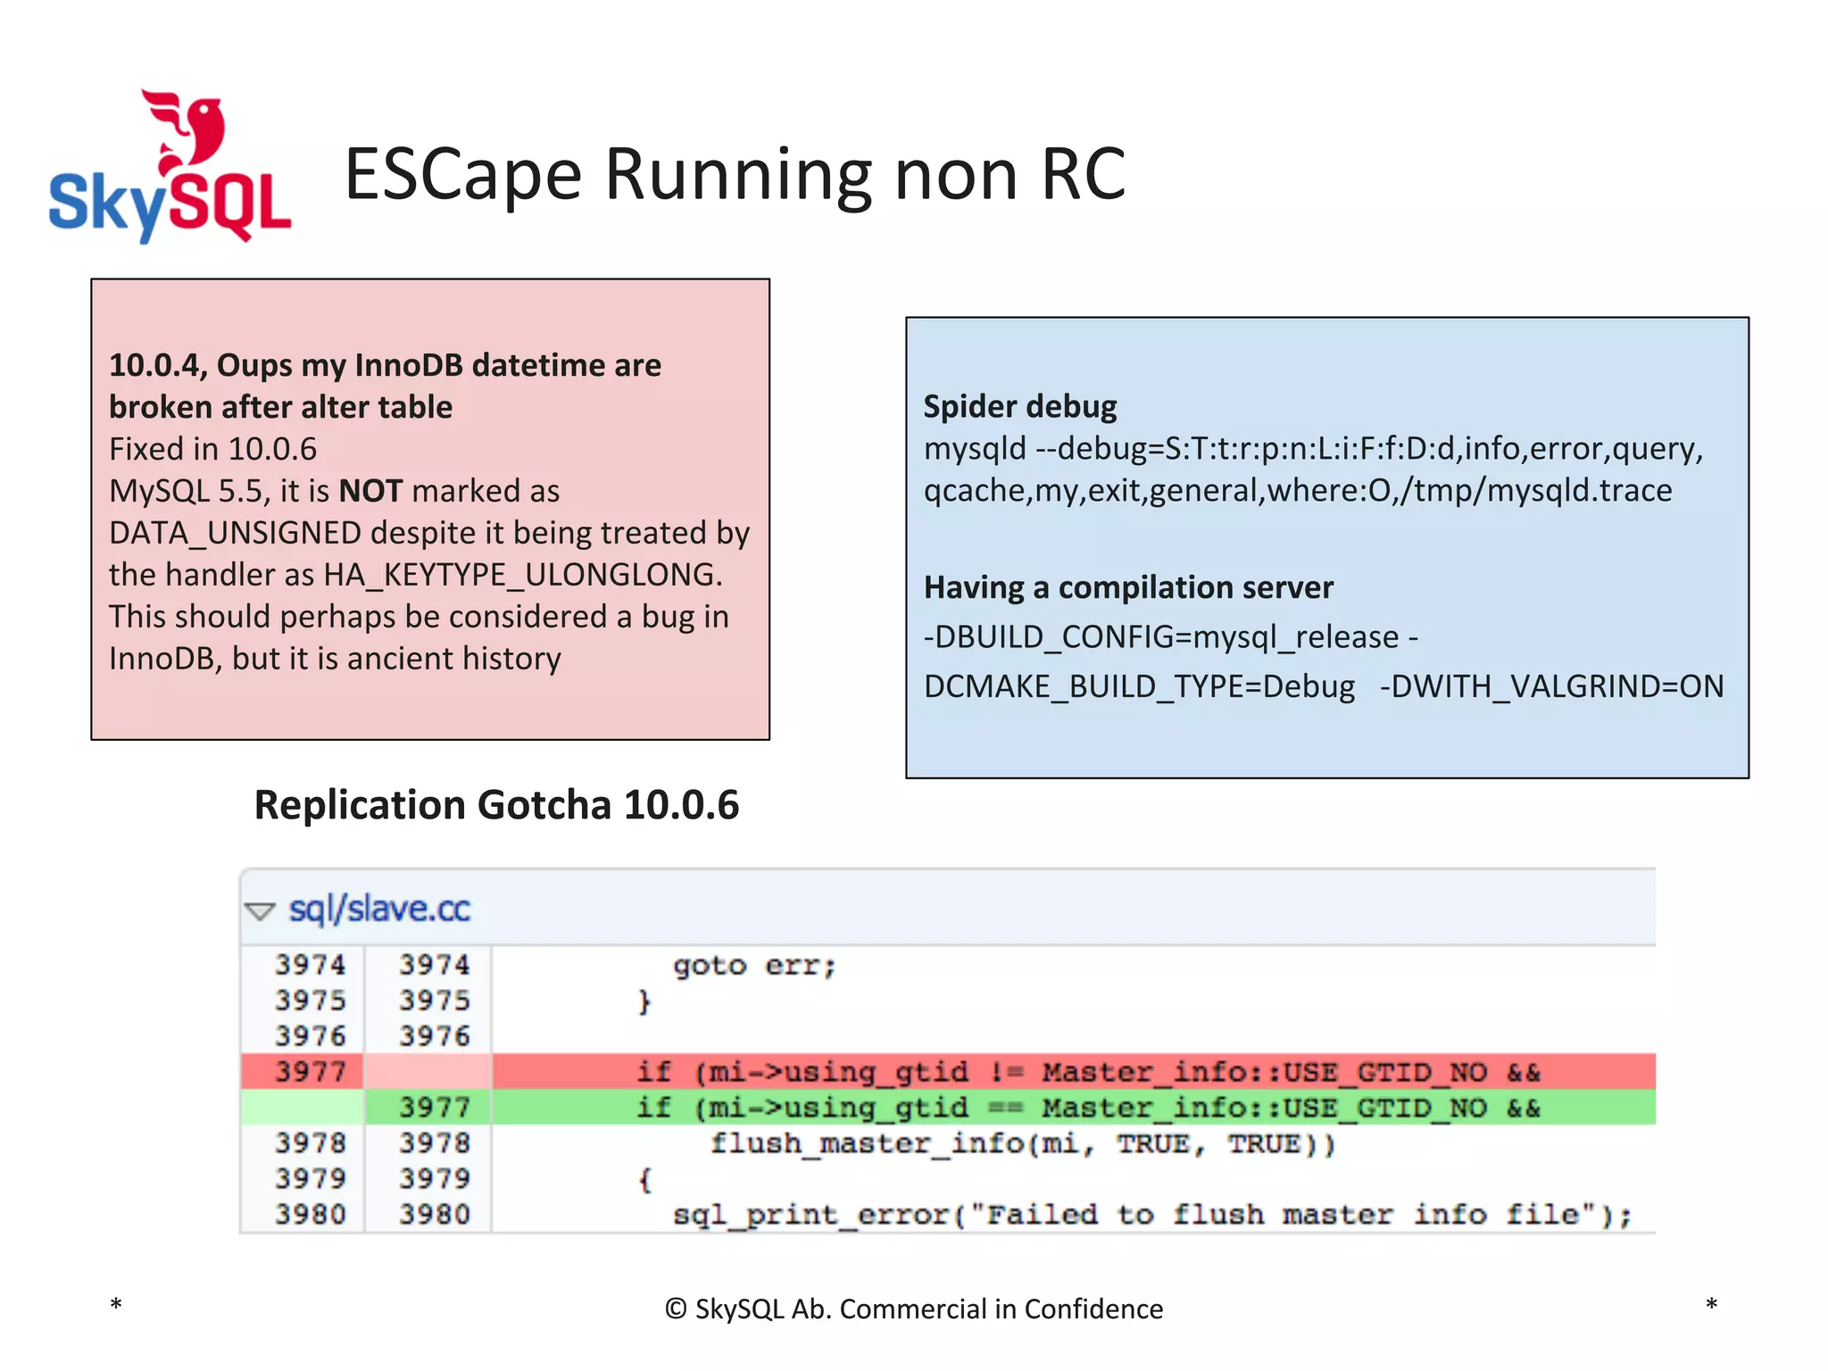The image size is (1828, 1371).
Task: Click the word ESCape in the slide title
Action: (462, 174)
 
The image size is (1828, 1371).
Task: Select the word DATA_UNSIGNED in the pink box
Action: (235, 533)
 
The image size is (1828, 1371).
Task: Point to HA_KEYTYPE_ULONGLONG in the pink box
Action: (521, 575)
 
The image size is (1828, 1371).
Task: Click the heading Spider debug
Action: (1019, 406)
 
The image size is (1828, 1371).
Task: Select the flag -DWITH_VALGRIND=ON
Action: (1551, 686)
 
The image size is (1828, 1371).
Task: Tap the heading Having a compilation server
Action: (1128, 587)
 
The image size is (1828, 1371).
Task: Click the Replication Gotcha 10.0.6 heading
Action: (496, 805)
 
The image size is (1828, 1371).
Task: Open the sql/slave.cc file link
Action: (379, 909)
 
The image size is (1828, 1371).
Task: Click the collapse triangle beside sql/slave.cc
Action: (260, 910)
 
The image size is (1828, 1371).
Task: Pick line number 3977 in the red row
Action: (310, 1071)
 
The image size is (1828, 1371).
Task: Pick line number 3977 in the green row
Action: (434, 1108)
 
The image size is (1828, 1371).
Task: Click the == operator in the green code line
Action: (1006, 1108)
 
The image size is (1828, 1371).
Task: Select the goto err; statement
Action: (754, 966)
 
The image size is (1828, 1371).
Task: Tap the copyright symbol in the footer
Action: (676, 1309)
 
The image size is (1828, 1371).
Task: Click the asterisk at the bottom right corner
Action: (1711, 1305)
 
